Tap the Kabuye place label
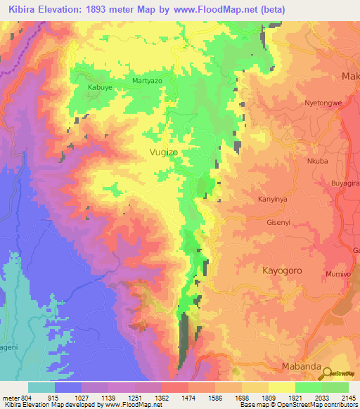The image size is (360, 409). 99,87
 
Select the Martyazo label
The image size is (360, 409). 147,82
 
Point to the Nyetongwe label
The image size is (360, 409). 323,103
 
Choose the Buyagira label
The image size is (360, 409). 345,183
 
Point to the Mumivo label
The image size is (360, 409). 338,273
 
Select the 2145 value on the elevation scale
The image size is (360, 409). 349,397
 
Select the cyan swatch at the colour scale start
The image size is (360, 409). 41,387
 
